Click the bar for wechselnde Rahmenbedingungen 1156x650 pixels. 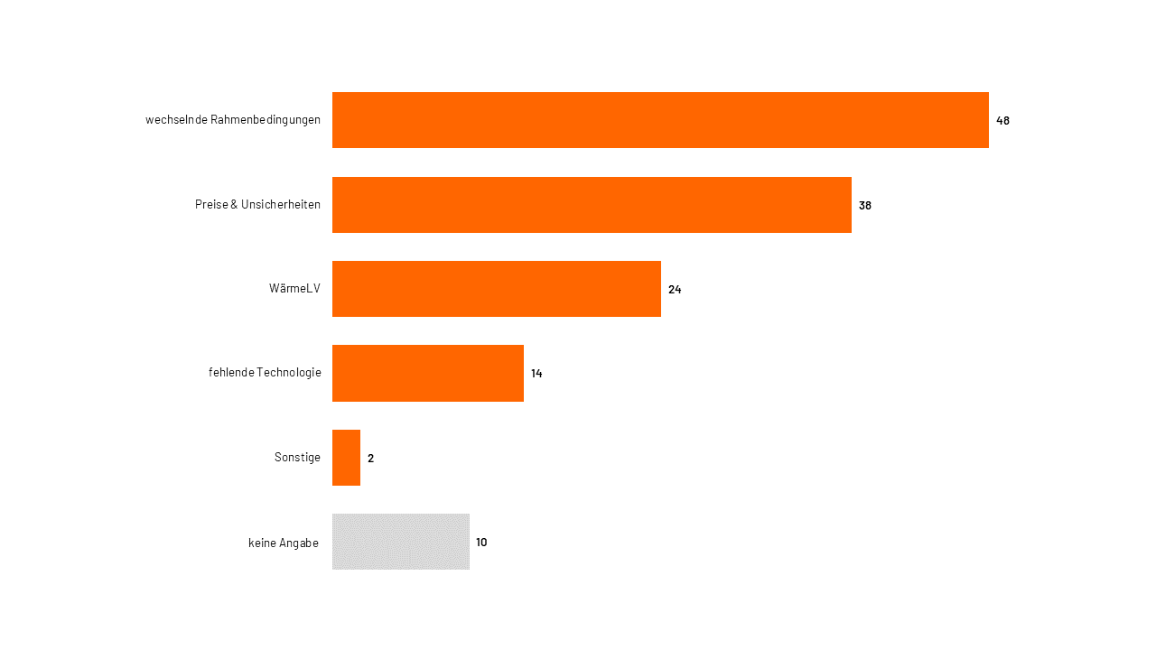660,120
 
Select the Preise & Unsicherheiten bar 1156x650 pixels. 592,205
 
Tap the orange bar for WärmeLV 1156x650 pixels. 497,289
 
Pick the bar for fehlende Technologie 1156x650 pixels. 428,373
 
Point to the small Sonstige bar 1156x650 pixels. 346,458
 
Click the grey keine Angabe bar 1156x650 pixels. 401,542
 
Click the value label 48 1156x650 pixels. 1002,120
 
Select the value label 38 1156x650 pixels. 865,205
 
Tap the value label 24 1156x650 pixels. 675,289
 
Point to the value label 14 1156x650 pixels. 536,373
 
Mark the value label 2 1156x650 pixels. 370,458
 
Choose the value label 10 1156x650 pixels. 481,542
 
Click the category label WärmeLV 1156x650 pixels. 294,289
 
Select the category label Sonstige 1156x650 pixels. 297,458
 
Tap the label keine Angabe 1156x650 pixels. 284,543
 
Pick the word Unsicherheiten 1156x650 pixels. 281,205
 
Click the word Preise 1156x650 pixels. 211,205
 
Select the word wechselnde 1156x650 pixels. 176,120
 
